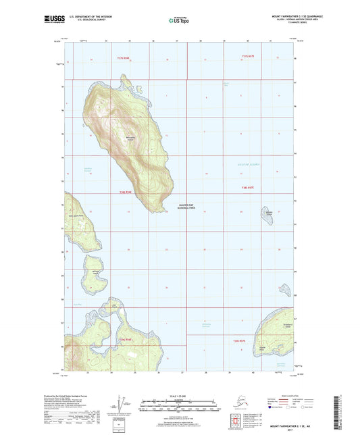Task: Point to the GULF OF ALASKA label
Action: [249, 164]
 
